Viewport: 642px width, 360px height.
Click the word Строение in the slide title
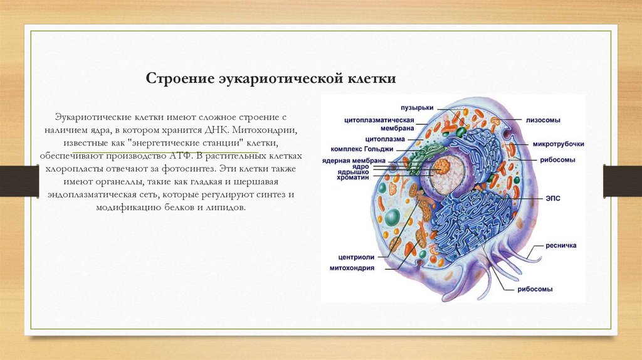(x=179, y=80)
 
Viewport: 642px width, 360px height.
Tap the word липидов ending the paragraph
(x=224, y=207)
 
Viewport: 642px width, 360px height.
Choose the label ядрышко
(x=352, y=172)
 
